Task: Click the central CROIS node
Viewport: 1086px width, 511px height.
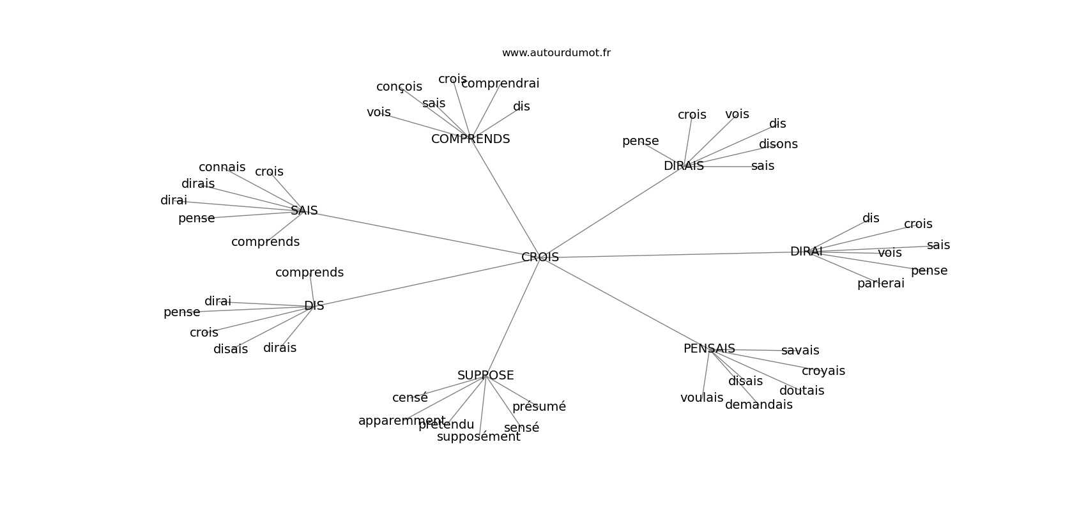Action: click(x=540, y=257)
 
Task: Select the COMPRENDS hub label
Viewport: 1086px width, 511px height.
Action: click(x=470, y=139)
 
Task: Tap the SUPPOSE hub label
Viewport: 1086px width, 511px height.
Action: click(x=486, y=376)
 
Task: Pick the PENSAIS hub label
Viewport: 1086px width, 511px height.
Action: click(x=709, y=349)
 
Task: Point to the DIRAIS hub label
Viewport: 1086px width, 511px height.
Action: click(x=684, y=166)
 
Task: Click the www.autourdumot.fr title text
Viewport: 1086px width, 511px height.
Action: click(x=556, y=53)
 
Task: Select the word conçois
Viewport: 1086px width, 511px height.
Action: click(x=399, y=87)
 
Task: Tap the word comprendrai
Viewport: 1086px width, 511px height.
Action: click(x=500, y=84)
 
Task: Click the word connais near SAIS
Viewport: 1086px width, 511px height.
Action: click(x=222, y=167)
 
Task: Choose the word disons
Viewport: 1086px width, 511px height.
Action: click(x=778, y=144)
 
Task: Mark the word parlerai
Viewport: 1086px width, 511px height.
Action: click(x=880, y=284)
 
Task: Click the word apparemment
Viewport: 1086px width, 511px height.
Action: click(x=402, y=421)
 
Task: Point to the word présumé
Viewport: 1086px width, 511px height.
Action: click(x=539, y=407)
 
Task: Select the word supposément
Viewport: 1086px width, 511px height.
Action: click(x=478, y=437)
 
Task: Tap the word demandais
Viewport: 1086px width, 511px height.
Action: click(x=758, y=405)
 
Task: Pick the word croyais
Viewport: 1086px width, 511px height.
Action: click(x=823, y=371)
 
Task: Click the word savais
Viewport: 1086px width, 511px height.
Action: click(x=800, y=351)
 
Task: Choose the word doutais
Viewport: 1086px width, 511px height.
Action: click(x=801, y=391)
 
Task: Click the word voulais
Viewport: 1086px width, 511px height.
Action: click(x=701, y=398)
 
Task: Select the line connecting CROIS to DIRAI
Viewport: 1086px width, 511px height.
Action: click(x=671, y=255)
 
